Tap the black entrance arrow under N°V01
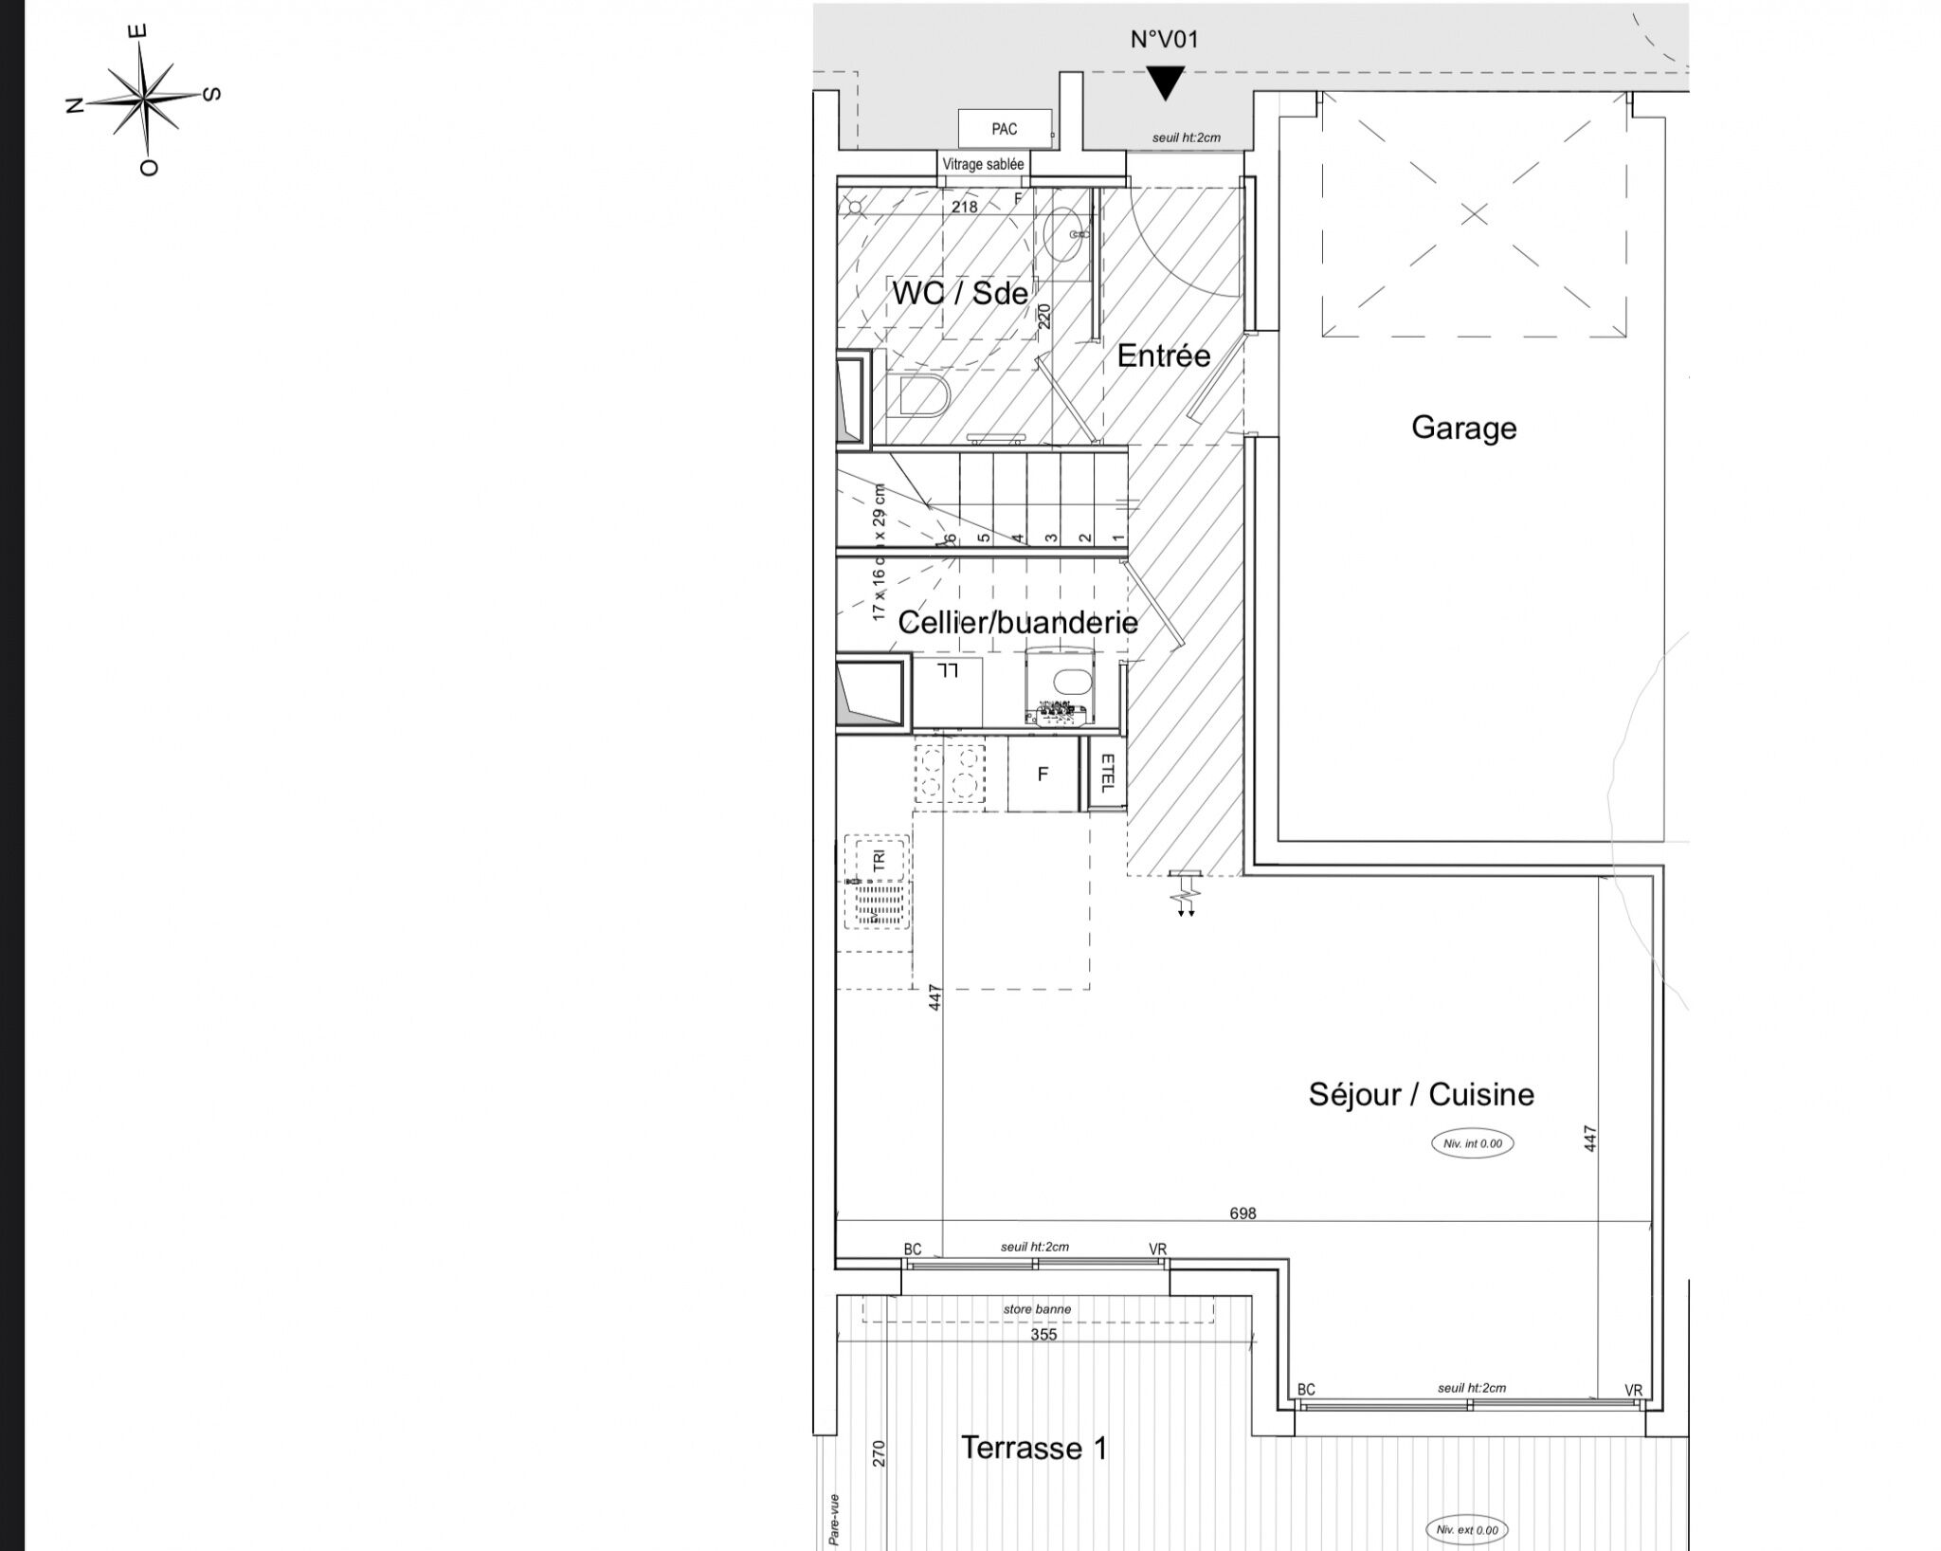1165,82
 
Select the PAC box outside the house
1005,129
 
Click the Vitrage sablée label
983,164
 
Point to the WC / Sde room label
959,293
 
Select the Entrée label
1163,356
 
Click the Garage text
1463,428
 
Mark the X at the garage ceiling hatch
1474,214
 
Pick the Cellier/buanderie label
1017,622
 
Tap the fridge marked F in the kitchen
1043,775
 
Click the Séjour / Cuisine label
1421,1094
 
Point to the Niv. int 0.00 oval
1472,1143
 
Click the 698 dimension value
1242,1213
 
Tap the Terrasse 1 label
1033,1448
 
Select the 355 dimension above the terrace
1043,1334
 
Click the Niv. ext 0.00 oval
1466,1529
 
